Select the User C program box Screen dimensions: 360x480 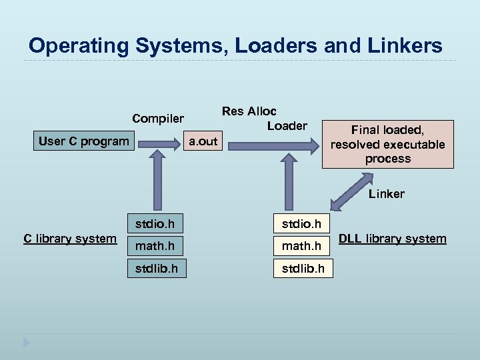coord(84,141)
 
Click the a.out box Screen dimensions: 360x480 coord(203,141)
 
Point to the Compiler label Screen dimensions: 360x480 coord(158,119)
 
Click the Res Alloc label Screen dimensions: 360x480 coord(249,111)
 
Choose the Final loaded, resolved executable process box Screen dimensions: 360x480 coord(387,144)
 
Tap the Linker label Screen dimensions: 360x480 coord(387,194)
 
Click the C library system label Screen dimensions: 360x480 coord(69,239)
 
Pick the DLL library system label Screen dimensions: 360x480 coord(393,239)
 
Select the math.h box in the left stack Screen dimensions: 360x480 coord(155,246)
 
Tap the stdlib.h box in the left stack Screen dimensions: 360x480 coord(155,268)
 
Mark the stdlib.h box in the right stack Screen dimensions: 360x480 coord(303,268)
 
